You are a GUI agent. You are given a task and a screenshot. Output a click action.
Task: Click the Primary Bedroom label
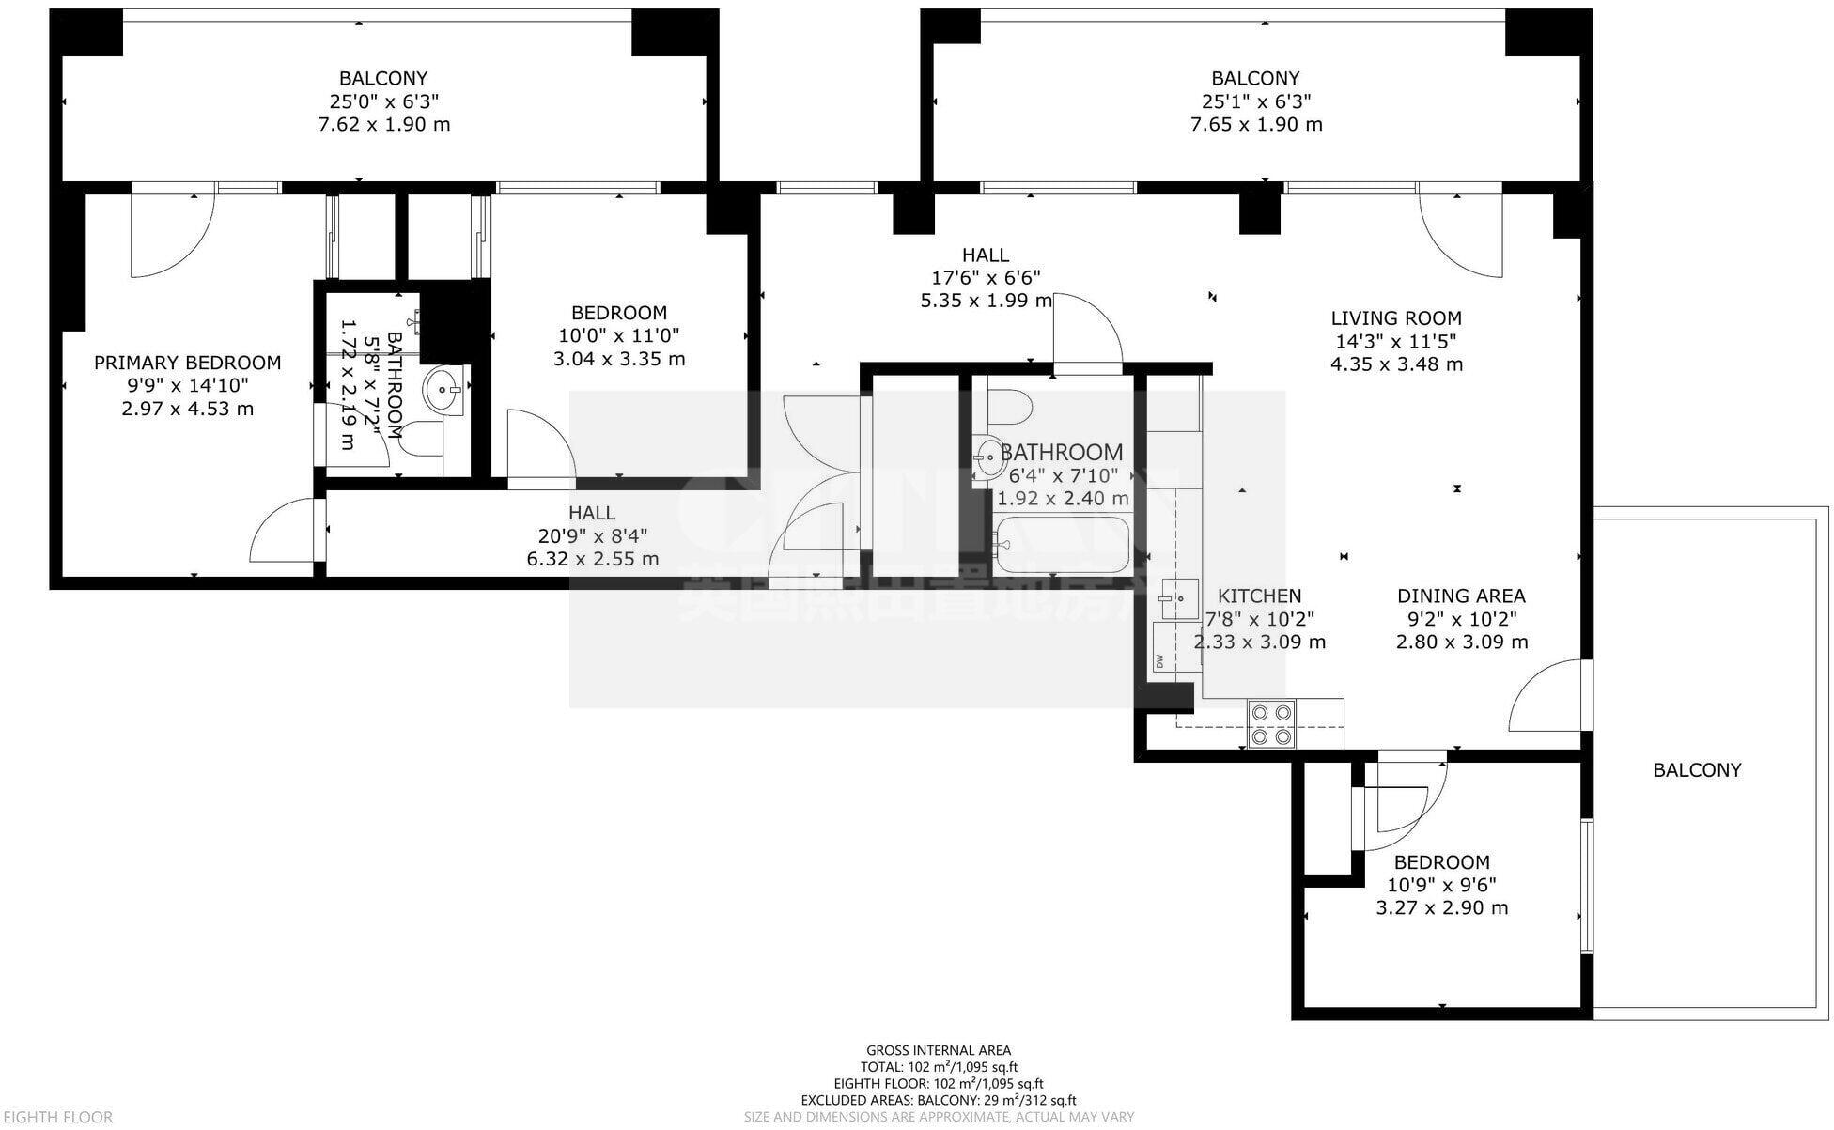[187, 363]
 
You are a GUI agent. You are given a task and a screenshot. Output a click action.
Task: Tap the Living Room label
[1395, 318]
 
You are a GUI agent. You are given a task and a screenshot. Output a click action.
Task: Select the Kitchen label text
[1259, 596]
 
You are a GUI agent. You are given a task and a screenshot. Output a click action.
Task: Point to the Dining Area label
[1460, 596]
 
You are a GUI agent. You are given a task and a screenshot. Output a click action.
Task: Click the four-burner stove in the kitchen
[1271, 724]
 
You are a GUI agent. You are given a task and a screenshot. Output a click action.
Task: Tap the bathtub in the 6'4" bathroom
[1062, 545]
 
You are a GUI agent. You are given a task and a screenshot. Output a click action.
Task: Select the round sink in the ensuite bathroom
[443, 389]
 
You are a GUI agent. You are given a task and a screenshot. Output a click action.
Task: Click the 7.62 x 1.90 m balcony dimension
[383, 125]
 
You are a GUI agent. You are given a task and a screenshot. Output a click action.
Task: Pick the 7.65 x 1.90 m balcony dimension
[1255, 125]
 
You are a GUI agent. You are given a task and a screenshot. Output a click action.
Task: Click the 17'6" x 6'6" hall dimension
[985, 278]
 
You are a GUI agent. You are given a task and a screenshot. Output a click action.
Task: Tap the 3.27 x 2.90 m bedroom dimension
[1441, 908]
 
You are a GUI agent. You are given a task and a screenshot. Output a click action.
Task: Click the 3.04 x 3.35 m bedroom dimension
[618, 359]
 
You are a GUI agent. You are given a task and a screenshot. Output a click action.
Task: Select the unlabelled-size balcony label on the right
[1697, 770]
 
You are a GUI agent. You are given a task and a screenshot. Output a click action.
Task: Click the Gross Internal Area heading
[938, 1050]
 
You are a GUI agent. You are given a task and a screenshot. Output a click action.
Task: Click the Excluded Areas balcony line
[938, 1100]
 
